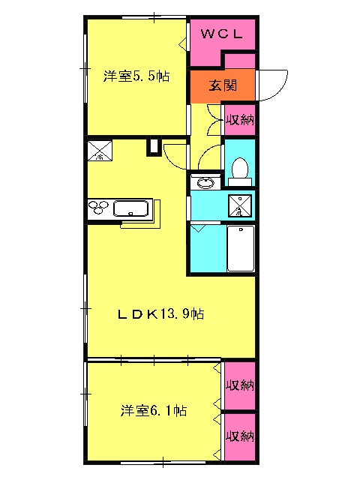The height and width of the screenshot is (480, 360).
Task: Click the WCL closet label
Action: point(222,33)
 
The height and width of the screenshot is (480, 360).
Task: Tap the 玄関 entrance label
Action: point(223,85)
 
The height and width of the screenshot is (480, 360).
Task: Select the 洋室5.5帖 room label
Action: point(136,76)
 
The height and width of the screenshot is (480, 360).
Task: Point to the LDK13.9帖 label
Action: point(161,314)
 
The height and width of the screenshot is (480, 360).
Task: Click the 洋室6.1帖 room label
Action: point(153,410)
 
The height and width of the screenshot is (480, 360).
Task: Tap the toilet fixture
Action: point(240,172)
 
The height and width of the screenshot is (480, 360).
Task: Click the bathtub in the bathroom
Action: point(241,248)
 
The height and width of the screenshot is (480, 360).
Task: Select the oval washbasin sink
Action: point(205,183)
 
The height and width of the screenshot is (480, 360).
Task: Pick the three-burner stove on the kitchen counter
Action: point(98,207)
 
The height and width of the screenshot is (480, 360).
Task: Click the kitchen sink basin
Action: point(131,208)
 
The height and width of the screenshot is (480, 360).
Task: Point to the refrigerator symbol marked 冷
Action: point(100,151)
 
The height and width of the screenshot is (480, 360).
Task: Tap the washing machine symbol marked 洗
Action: point(240,205)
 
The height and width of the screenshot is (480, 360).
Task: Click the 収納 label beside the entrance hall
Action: point(240,120)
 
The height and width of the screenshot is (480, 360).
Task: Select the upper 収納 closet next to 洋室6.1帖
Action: point(240,385)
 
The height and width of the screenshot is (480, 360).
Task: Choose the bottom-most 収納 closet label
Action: point(240,436)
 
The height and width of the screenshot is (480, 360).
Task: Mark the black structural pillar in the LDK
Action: point(154,146)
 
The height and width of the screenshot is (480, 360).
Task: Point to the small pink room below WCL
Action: point(240,61)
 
